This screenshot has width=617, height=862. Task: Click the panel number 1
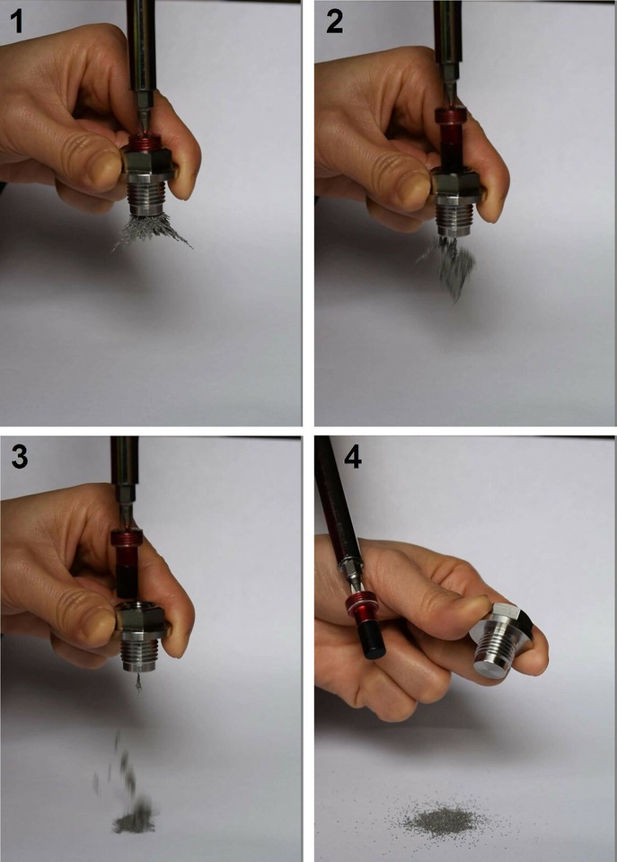(17, 21)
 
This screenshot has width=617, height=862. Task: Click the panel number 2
(334, 21)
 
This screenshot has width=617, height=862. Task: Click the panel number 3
(19, 456)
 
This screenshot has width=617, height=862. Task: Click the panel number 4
(352, 456)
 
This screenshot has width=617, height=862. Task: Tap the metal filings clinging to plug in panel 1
(151, 231)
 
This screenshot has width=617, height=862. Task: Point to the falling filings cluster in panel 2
(448, 267)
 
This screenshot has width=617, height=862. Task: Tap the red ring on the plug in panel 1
(146, 145)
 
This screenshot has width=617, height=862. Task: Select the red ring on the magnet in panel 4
(358, 603)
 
